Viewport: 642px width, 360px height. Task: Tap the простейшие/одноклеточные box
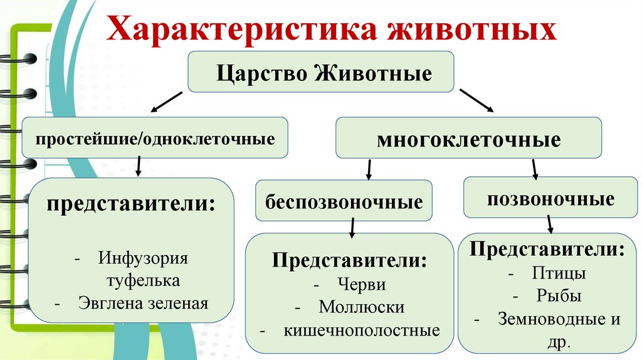(x=155, y=138)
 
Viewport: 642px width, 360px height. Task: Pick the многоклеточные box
(x=468, y=139)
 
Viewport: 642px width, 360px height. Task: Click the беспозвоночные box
(x=343, y=201)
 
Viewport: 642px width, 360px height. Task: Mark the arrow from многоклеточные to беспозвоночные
(x=369, y=169)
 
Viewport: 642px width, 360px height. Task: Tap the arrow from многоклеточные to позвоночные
(x=534, y=169)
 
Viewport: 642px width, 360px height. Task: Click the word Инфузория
(x=143, y=258)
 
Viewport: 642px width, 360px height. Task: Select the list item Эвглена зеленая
(x=143, y=303)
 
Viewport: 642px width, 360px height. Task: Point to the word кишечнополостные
(x=362, y=330)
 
